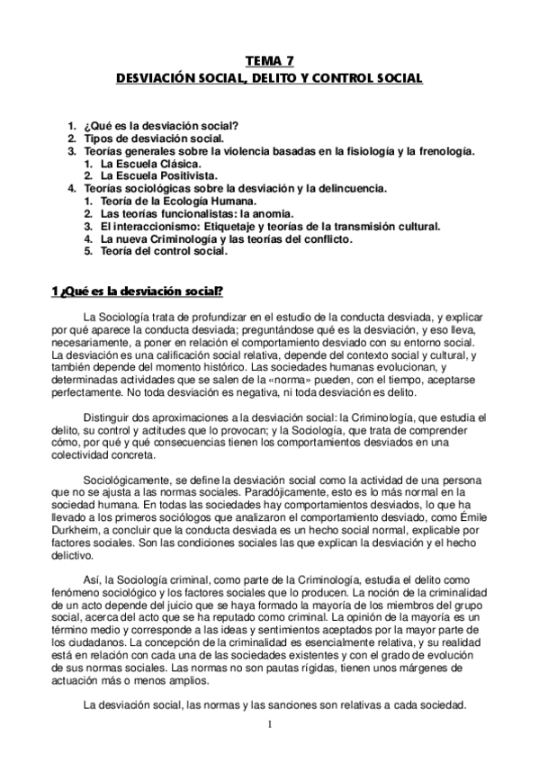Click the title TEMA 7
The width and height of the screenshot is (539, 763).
coord(269,61)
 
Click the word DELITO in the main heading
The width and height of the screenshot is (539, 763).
coord(276,78)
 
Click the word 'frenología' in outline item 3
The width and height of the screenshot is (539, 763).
coord(441,152)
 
